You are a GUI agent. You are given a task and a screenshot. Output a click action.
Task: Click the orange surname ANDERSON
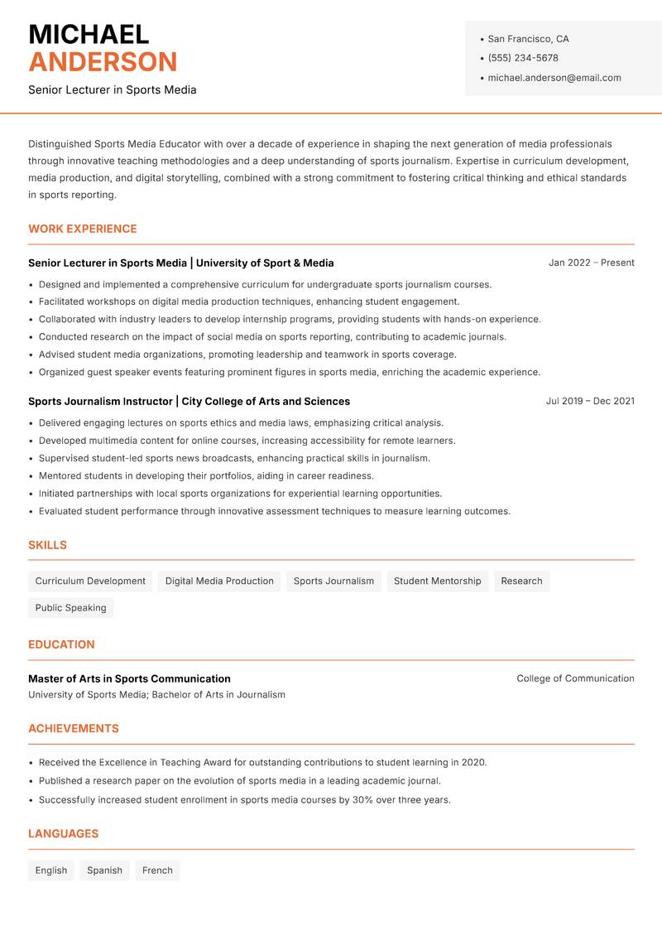click(x=103, y=62)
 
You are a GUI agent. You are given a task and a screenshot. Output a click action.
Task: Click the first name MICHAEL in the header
click(x=89, y=34)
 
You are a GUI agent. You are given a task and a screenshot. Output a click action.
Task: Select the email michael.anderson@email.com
click(x=554, y=78)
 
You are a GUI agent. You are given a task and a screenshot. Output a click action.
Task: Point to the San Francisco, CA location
click(x=528, y=39)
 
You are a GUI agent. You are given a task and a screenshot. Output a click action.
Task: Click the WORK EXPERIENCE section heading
click(x=83, y=229)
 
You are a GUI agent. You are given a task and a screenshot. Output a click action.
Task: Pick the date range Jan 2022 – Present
click(x=591, y=263)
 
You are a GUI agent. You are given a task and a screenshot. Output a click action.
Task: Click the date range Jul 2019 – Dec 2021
click(x=589, y=401)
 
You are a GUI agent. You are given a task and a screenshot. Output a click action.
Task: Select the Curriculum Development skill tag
click(x=90, y=581)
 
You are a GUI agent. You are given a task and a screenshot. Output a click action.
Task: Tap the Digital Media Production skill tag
click(x=219, y=581)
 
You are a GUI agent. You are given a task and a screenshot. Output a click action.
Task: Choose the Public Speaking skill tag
click(x=70, y=608)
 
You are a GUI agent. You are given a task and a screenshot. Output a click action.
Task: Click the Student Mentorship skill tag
click(x=437, y=581)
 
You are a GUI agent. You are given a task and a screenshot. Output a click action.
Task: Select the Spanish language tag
click(x=104, y=871)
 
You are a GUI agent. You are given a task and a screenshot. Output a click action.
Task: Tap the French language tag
click(x=157, y=871)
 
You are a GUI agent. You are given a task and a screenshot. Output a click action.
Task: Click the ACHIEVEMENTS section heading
click(x=74, y=729)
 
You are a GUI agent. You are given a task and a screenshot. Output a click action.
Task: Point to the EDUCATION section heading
click(x=61, y=644)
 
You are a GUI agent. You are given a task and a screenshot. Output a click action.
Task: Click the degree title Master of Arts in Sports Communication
click(x=129, y=678)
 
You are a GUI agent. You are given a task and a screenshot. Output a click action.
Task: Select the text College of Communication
click(x=575, y=678)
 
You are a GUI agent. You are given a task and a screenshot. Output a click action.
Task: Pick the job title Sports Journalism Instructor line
click(x=189, y=402)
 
